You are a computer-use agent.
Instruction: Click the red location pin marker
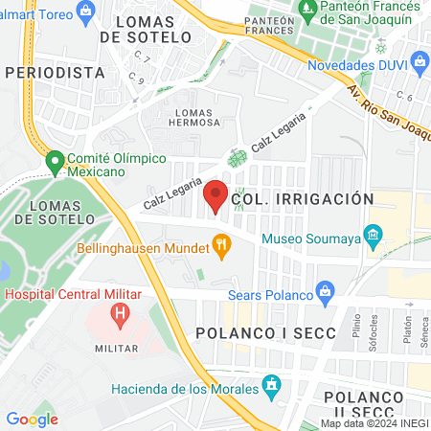click(216, 195)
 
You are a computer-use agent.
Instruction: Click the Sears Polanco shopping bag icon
click(326, 288)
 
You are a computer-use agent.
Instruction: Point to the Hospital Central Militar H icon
click(120, 312)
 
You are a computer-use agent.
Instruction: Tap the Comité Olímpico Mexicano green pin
click(55, 160)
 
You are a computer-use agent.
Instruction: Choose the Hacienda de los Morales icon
click(271, 388)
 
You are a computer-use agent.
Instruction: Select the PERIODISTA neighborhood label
click(54, 72)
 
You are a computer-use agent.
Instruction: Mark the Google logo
click(33, 418)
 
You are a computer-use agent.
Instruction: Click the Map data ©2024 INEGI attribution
click(373, 423)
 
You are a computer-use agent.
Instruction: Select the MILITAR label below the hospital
click(119, 349)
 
